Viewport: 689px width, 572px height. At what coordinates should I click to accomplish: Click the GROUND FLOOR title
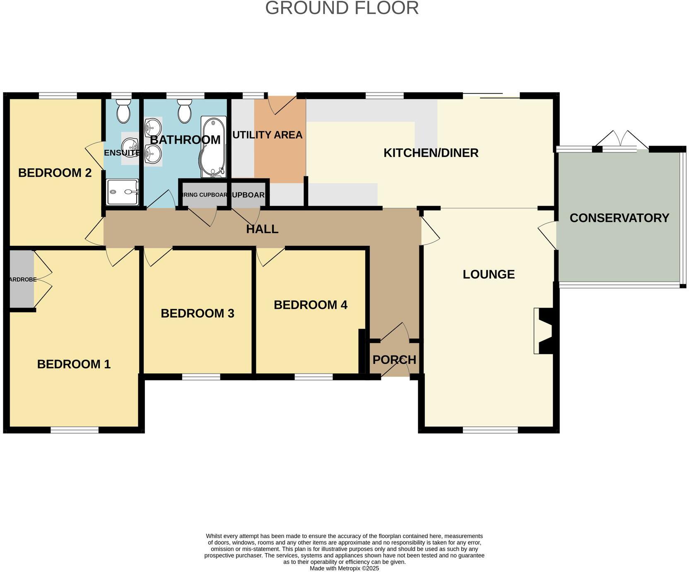coord(342,8)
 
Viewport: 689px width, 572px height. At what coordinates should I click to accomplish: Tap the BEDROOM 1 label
coord(74,364)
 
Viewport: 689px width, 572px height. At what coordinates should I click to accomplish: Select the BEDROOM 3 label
coord(198,313)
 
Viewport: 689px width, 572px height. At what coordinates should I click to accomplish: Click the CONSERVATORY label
coord(619,218)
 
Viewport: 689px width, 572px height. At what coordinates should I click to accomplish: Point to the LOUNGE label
coord(489,274)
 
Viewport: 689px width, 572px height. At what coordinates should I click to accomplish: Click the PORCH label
coord(394,360)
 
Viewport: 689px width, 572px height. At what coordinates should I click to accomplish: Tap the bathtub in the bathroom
coord(213,147)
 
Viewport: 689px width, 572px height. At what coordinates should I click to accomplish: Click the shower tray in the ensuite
coord(122,192)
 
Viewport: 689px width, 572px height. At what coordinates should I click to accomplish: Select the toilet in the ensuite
coord(123,111)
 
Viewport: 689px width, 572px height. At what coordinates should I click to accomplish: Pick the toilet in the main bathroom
coord(184,111)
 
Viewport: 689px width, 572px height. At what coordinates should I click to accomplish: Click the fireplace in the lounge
coord(543,331)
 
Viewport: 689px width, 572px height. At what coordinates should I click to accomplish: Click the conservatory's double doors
coord(620,141)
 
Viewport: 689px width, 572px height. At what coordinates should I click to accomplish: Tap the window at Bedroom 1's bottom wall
coord(75,430)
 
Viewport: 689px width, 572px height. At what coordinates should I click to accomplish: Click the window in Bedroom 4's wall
coord(313,377)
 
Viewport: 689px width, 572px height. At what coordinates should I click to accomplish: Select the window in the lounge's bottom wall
coord(490,430)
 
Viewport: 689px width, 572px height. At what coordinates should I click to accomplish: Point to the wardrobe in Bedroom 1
coord(22,279)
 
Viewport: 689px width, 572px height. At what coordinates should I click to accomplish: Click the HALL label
coord(262,229)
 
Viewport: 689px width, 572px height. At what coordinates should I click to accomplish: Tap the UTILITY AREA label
coord(267,135)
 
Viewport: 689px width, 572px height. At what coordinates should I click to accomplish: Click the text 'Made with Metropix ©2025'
coord(344,569)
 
